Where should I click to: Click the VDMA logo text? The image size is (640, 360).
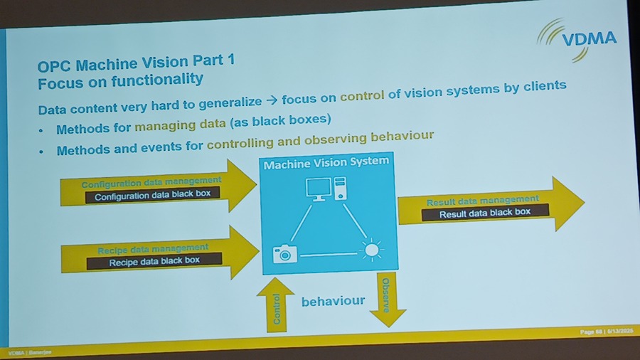(x=589, y=38)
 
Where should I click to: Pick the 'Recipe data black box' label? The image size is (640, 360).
(x=154, y=261)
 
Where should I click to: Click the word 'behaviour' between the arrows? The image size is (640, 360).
(x=333, y=302)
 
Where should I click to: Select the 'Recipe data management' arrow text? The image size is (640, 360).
(x=153, y=249)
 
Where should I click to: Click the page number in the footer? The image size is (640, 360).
(x=588, y=332)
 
